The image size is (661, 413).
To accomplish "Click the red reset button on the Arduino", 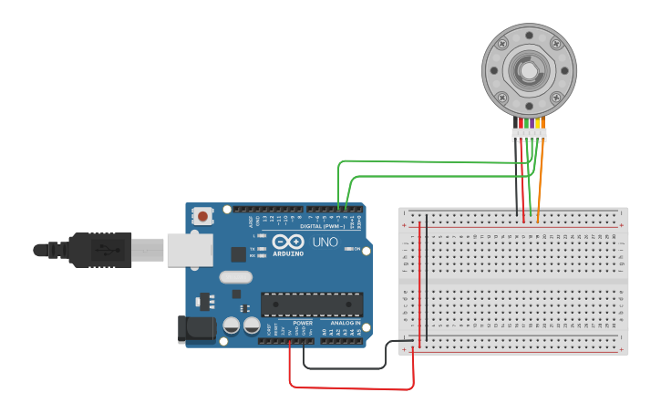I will (201, 217).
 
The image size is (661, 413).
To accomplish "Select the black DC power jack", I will (197, 329).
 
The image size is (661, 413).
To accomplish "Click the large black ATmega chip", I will (312, 305).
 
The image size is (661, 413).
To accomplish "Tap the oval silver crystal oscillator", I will (234, 278).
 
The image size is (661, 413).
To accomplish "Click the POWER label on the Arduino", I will (303, 323).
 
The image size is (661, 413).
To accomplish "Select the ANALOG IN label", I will (345, 323).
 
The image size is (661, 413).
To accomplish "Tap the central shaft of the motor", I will (528, 70).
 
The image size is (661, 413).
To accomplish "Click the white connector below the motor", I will (529, 134).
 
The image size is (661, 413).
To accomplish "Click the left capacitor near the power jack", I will (232, 324).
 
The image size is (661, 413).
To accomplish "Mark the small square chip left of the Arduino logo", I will (238, 254).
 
